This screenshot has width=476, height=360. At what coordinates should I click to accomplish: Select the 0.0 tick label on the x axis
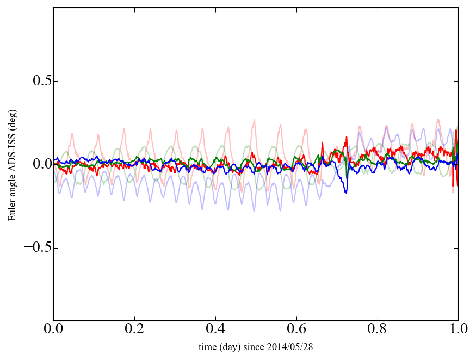pyautogui.click(x=53, y=329)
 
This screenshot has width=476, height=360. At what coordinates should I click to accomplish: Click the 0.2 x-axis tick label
pyautogui.click(x=134, y=329)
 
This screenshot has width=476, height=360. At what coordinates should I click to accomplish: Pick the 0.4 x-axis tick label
pyautogui.click(x=215, y=329)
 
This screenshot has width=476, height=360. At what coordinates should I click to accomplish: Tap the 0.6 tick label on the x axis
pyautogui.click(x=296, y=329)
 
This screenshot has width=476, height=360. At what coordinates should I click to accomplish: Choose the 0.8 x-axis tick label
pyautogui.click(x=377, y=329)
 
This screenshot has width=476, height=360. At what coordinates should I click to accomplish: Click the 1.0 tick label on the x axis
pyautogui.click(x=458, y=329)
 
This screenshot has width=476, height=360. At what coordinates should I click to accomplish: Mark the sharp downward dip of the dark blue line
pyautogui.click(x=345, y=191)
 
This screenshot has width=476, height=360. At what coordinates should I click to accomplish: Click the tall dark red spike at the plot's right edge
pyautogui.click(x=456, y=131)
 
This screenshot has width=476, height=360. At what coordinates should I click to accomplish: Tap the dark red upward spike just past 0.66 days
pyautogui.click(x=323, y=144)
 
